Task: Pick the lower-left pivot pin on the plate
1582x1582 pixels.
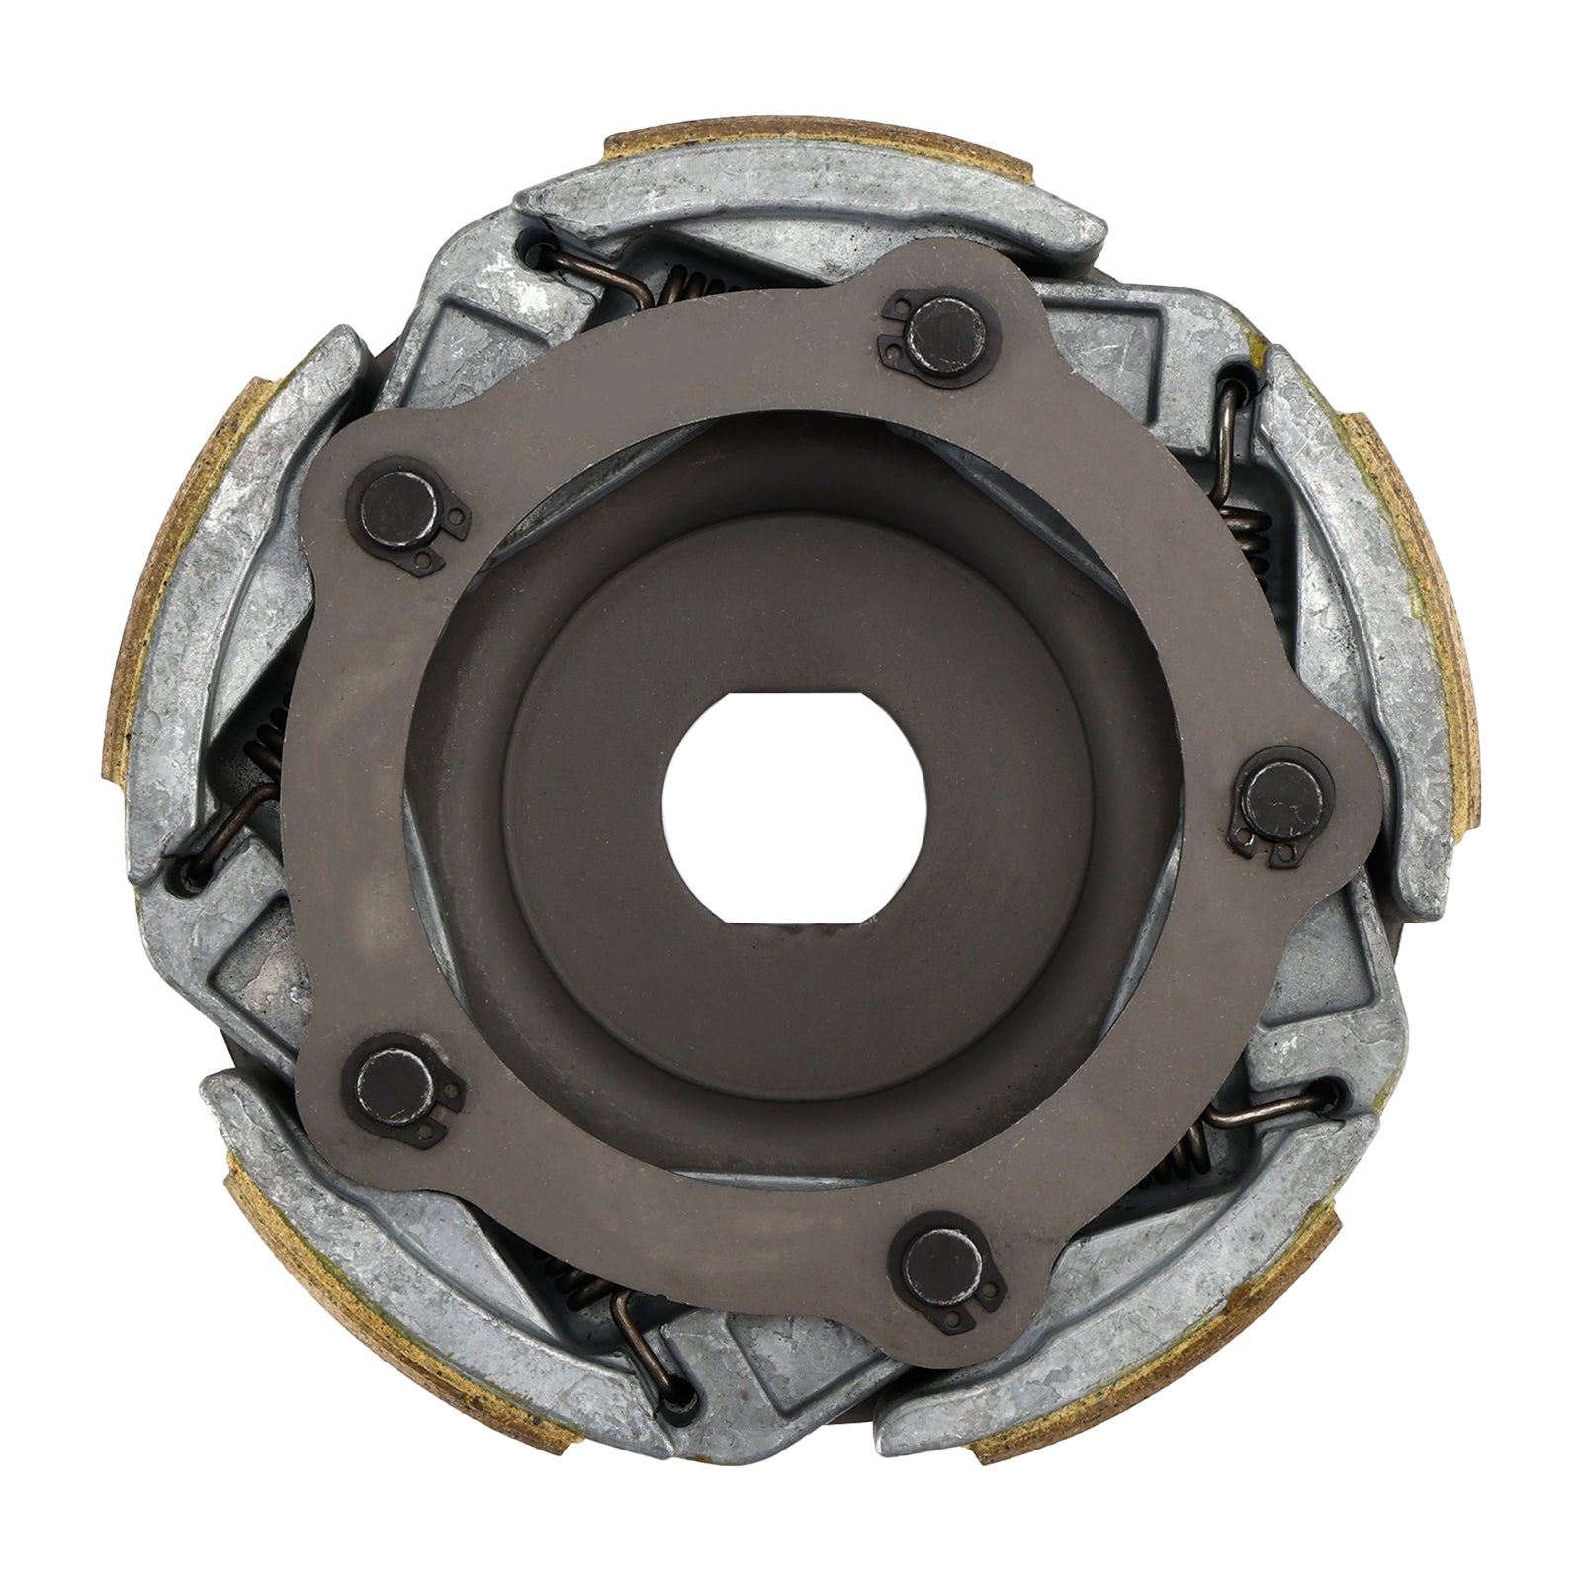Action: pyautogui.click(x=389, y=1084)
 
